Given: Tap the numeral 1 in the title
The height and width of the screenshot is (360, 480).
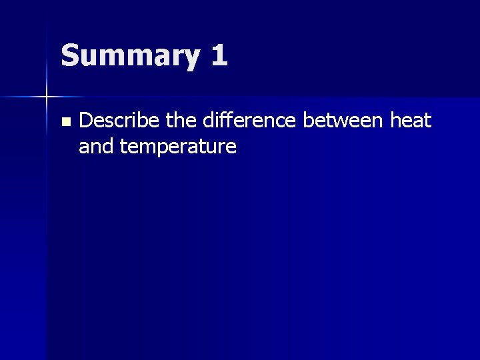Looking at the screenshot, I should (217, 55).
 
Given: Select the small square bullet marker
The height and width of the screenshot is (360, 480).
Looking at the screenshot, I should (65, 122).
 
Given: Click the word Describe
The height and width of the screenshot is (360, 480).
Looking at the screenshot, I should (114, 121).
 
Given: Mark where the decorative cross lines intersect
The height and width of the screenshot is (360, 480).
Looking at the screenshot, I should (47, 97).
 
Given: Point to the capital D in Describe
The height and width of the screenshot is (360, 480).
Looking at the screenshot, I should (85, 121).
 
